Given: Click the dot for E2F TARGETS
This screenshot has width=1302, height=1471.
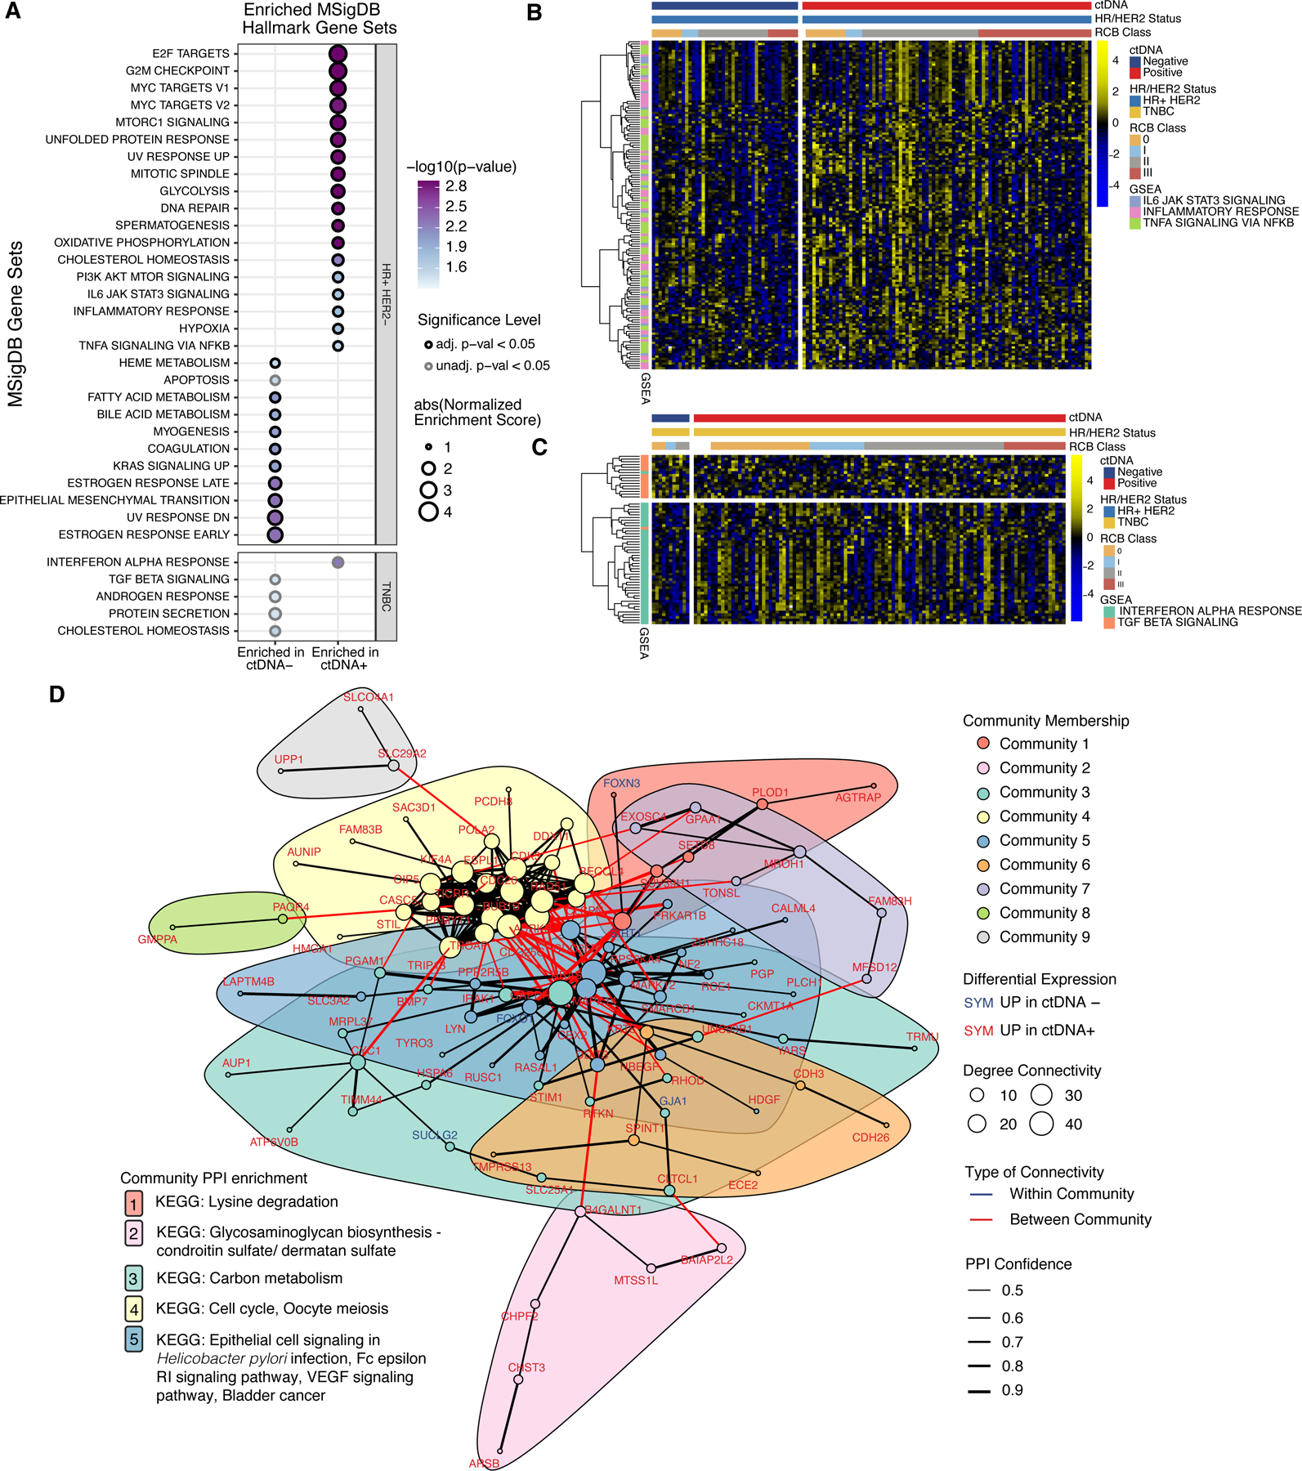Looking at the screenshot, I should (338, 54).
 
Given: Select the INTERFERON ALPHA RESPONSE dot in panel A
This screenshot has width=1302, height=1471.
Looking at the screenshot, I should (338, 562).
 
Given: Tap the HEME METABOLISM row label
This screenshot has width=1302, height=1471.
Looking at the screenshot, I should (174, 363).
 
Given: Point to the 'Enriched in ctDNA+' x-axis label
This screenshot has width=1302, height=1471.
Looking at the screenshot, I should (345, 658).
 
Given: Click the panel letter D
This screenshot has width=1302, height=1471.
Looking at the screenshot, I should (56, 695).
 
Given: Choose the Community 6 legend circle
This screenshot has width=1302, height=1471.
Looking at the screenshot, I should (983, 865).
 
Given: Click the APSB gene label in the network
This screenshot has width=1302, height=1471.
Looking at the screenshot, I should (484, 1463).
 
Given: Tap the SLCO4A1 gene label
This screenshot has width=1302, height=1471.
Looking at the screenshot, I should (369, 697).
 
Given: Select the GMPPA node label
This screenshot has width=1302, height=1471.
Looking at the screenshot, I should (157, 939).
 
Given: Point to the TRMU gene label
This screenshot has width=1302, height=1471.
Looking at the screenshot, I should (922, 1036).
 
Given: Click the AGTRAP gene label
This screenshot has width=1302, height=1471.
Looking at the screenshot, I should (858, 797).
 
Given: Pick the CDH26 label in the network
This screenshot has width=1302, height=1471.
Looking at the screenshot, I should (870, 1137).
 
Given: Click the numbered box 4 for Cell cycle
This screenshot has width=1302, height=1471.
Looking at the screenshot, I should (134, 1309).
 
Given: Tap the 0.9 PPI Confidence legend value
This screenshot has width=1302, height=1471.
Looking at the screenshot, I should (1012, 1390).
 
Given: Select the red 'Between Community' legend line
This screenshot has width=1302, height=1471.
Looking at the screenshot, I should (980, 1219).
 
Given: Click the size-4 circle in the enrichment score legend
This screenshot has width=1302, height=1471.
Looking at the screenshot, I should (429, 512).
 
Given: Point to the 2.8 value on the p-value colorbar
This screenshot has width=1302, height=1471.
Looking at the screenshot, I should (456, 186).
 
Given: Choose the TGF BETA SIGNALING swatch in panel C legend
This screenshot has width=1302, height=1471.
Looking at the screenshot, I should (1108, 623).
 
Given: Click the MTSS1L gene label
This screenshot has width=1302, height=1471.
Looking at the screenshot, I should (636, 1280).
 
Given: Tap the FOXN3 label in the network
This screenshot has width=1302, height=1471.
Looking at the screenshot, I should (622, 783).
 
